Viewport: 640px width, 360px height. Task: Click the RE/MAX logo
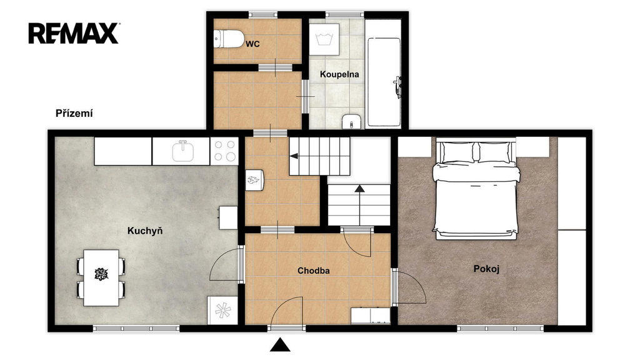74,33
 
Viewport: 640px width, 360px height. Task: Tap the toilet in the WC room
228,39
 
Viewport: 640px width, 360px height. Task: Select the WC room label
252,44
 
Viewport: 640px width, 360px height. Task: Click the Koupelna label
339,74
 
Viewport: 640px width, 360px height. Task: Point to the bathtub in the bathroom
384,82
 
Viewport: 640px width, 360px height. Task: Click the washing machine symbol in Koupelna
324,39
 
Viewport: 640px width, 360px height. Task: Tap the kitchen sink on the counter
182,151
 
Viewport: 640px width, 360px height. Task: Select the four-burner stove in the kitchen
224,151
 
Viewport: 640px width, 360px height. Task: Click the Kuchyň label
145,231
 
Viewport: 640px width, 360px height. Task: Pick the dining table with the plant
101,277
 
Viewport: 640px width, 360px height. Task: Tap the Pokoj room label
486,269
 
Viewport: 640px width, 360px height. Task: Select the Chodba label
314,271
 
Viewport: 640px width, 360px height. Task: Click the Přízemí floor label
74,114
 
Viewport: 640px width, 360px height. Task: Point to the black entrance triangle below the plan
280,344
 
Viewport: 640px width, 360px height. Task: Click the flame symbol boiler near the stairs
255,180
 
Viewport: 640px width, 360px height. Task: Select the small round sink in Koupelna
351,121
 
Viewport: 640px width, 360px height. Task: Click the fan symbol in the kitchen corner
222,310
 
